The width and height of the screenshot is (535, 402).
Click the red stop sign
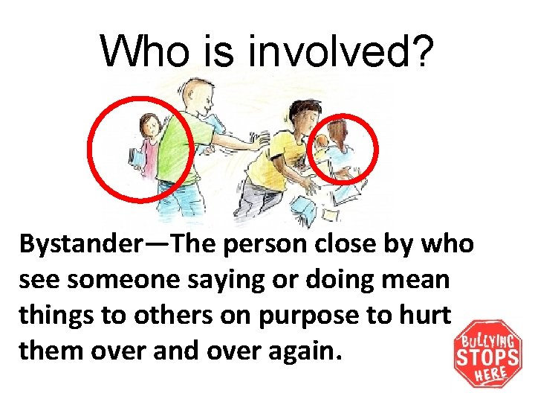point(488,354)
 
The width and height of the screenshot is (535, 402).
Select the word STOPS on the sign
point(489,356)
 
